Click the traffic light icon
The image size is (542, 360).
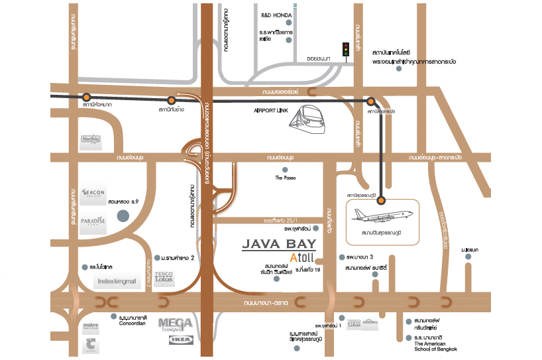pyautogui.click(x=345, y=50)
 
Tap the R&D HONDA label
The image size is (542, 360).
pyautogui.click(x=276, y=14)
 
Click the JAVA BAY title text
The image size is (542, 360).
pyautogui.click(x=279, y=243)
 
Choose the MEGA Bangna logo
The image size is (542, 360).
pyautogui.click(x=176, y=325)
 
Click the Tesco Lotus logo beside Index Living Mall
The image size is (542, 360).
pyautogui.click(x=164, y=276)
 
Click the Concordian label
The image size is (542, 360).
pyautogui.click(x=133, y=324)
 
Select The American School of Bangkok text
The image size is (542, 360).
pyautogui.click(x=435, y=345)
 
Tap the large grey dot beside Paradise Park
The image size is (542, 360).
pyautogui.click(x=123, y=215)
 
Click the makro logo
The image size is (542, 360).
pyautogui.click(x=91, y=328)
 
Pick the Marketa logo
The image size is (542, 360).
pyautogui.click(x=91, y=140)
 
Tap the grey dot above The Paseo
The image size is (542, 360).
pyautogui.click(x=286, y=169)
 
